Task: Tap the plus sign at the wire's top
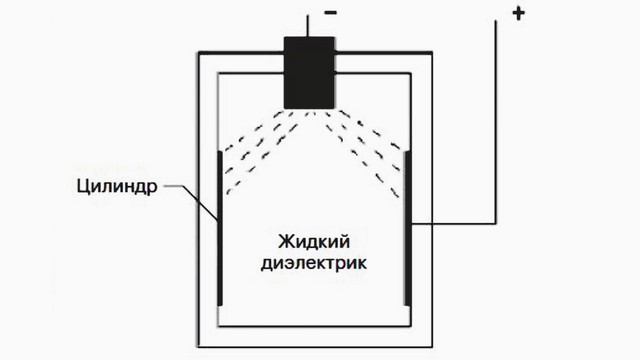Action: pos(518,15)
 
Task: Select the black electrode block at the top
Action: pos(311,73)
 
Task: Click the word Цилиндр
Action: pos(111,186)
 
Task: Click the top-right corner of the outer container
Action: pos(433,50)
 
